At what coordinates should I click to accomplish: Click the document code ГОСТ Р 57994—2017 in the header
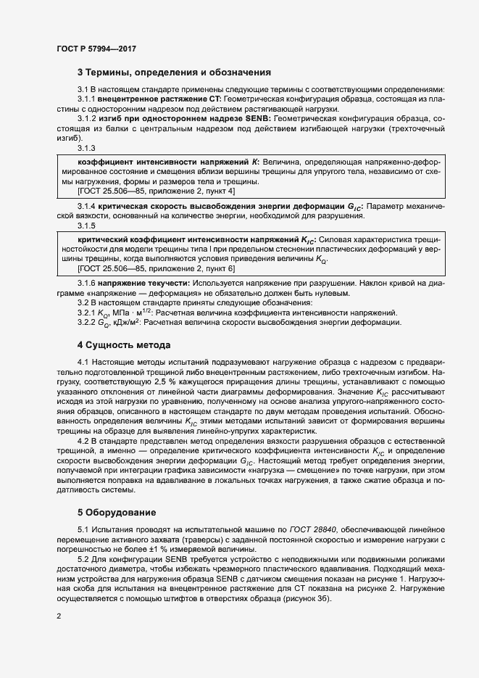(96, 48)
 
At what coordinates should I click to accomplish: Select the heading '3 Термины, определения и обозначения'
(174, 73)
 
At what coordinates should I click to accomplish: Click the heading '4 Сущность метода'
(124, 344)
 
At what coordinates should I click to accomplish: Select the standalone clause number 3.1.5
(86, 225)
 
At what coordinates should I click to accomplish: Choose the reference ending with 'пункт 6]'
(155, 268)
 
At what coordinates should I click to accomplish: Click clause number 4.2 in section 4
(83, 440)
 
